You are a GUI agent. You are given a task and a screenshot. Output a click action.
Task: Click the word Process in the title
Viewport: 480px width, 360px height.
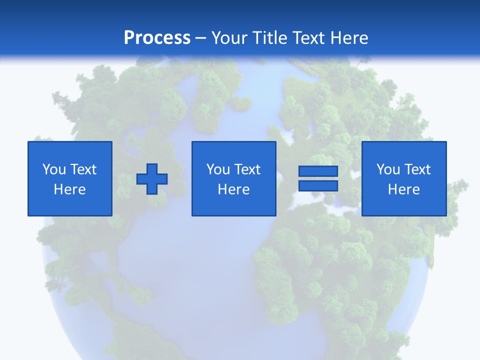pyautogui.click(x=157, y=38)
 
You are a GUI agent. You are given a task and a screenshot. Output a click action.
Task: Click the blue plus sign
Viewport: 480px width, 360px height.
pyautogui.click(x=152, y=179)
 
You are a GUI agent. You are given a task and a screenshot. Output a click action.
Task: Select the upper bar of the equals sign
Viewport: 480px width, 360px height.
pyautogui.click(x=318, y=171)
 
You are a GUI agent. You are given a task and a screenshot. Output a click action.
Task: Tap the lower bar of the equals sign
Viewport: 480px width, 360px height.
pyautogui.click(x=318, y=185)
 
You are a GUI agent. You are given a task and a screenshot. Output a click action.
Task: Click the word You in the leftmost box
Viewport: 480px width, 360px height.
pyautogui.click(x=53, y=169)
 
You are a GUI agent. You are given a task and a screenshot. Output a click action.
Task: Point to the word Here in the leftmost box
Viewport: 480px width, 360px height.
pyautogui.click(x=69, y=189)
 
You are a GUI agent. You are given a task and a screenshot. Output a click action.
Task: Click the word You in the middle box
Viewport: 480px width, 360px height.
pyautogui.click(x=217, y=169)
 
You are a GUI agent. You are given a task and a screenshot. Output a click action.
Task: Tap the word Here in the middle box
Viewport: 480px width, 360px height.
pyautogui.click(x=233, y=189)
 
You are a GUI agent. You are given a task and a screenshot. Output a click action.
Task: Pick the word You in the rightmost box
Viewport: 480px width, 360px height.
pyautogui.click(x=387, y=169)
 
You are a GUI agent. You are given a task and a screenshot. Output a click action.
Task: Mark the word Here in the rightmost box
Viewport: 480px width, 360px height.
pyautogui.click(x=403, y=189)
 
